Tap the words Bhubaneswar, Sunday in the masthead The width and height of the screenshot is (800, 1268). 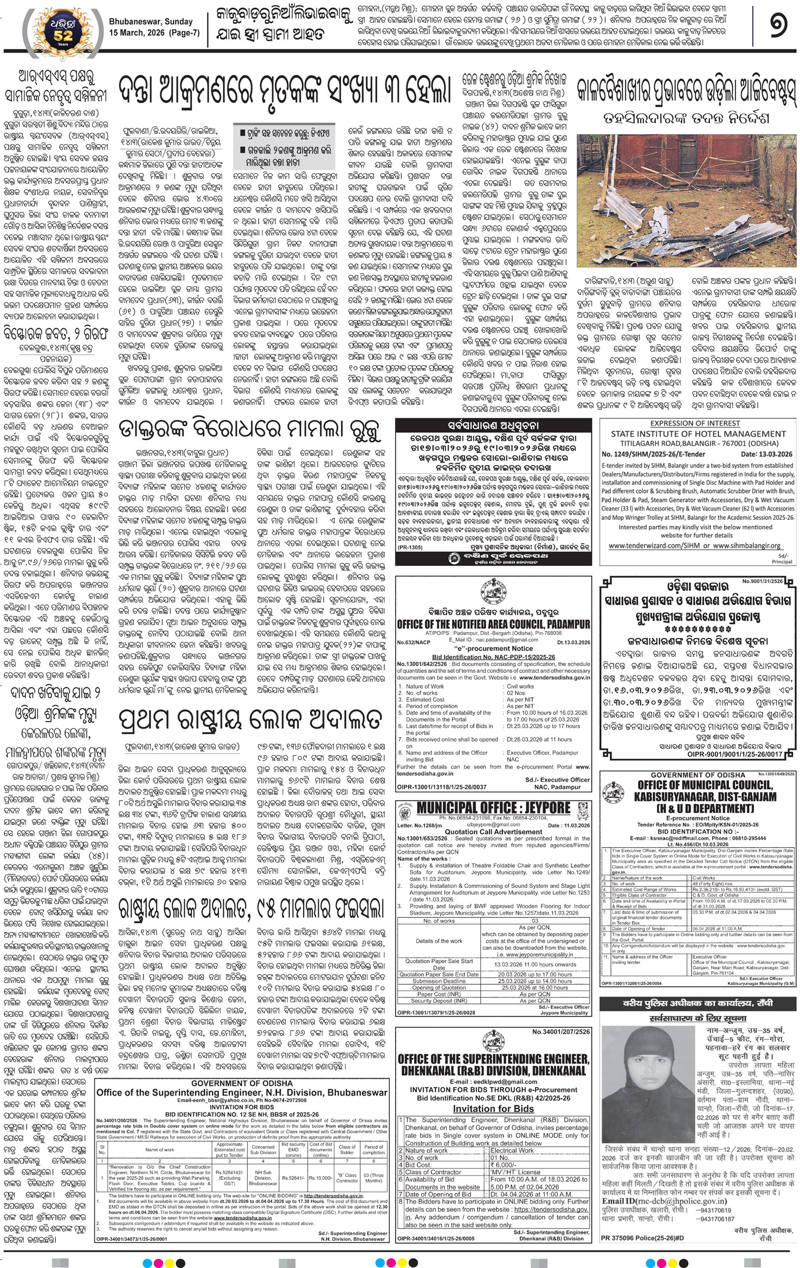coord(151,22)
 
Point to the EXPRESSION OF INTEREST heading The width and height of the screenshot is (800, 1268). coord(695,423)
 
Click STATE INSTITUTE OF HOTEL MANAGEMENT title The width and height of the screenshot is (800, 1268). coord(698,434)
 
